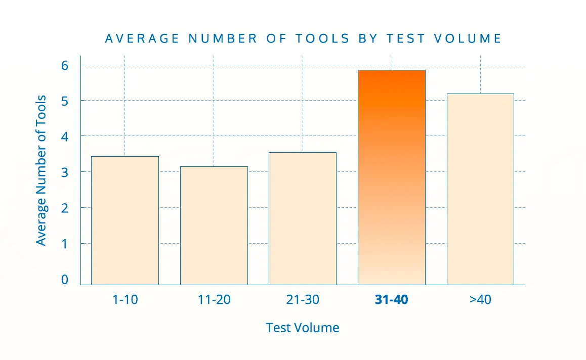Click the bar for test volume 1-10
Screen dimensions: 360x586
pyautogui.click(x=124, y=220)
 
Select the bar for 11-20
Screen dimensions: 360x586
pyautogui.click(x=214, y=226)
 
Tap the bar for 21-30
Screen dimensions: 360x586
pyautogui.click(x=302, y=218)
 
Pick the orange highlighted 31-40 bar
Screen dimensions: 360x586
pyautogui.click(x=391, y=177)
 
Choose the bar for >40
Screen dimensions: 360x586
pyautogui.click(x=480, y=189)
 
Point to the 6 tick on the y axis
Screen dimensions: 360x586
pyautogui.click(x=64, y=65)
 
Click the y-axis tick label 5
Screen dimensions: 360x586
pyautogui.click(x=64, y=101)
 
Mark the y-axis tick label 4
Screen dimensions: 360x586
pyautogui.click(x=64, y=137)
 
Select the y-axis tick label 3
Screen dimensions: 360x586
pyautogui.click(x=64, y=172)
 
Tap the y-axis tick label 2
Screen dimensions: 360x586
pyautogui.click(x=64, y=208)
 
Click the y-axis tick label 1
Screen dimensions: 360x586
pyautogui.click(x=64, y=244)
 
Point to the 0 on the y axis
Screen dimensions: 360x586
pyautogui.click(x=64, y=280)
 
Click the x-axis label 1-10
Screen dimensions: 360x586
pyautogui.click(x=124, y=300)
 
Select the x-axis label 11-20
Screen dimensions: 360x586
pyautogui.click(x=214, y=300)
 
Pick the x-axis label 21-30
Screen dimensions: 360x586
pyautogui.click(x=302, y=300)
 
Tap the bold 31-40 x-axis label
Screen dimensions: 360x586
pyautogui.click(x=391, y=300)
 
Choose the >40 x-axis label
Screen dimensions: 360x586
pyautogui.click(x=480, y=300)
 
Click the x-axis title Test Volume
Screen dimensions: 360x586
pyautogui.click(x=303, y=328)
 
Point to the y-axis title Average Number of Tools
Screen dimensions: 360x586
pyautogui.click(x=41, y=170)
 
